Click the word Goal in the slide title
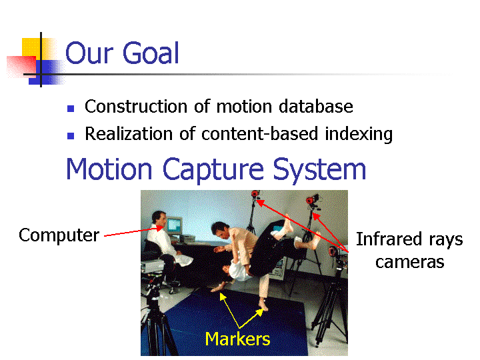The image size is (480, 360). [x=151, y=53]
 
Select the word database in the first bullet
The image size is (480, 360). [x=316, y=107]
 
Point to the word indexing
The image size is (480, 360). [x=359, y=135]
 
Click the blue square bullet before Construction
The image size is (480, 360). [x=71, y=109]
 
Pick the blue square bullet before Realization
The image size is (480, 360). [x=71, y=136]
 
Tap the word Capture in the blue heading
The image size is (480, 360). [x=213, y=170]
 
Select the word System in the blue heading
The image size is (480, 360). [x=319, y=170]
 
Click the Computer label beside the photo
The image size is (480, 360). [x=59, y=236]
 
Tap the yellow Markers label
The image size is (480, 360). [x=237, y=339]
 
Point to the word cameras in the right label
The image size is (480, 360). [x=409, y=263]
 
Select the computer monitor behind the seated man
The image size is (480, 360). [x=174, y=225]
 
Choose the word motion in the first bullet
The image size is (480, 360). [x=244, y=107]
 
